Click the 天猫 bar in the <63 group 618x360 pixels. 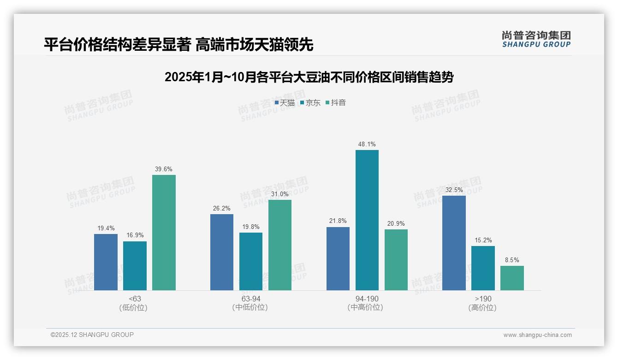pyautogui.click(x=106, y=262)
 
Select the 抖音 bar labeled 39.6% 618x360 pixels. pyautogui.click(x=164, y=233)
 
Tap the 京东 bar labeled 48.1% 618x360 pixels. pyautogui.click(x=367, y=220)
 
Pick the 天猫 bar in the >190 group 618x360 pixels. pyautogui.click(x=454, y=243)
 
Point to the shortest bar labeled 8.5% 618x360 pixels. pyautogui.click(x=512, y=278)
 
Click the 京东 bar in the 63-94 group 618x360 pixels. pyautogui.click(x=250, y=261)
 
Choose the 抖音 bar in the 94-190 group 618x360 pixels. pyautogui.click(x=396, y=260)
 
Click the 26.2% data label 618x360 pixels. pyautogui.click(x=221, y=208)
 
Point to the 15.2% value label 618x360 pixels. pyautogui.click(x=483, y=240)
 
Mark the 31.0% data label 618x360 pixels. pyautogui.click(x=279, y=194)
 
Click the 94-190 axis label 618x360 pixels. pyautogui.click(x=367, y=299)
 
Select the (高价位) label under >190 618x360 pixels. pyautogui.click(x=482, y=307)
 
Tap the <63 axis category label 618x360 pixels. pyautogui.click(x=135, y=299)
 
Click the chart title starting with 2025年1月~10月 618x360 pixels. pyautogui.click(x=309, y=77)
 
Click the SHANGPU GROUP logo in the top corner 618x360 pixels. pyautogui.click(x=536, y=39)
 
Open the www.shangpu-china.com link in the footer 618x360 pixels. pyautogui.click(x=537, y=335)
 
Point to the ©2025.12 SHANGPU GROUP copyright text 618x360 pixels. pyautogui.click(x=92, y=335)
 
